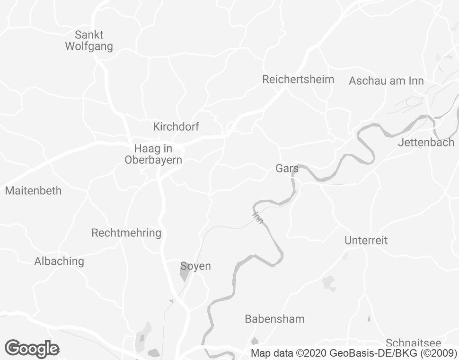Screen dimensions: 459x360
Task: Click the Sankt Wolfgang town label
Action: point(89,41)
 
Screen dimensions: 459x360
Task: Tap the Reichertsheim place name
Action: point(298,79)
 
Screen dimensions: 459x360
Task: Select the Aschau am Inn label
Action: point(386,81)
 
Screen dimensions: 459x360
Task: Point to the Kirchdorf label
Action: point(176,126)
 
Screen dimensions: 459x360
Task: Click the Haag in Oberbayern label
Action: point(153,153)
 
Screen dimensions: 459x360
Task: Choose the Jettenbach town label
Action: point(426,142)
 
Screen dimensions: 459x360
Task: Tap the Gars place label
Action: point(287,168)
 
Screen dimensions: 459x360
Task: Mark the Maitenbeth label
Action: point(33,191)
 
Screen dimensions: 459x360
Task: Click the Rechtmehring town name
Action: point(126,233)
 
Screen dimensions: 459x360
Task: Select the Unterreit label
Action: point(366,240)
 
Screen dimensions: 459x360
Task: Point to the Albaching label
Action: point(59,261)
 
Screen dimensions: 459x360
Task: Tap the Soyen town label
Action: point(195,266)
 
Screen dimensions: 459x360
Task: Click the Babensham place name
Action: point(274,319)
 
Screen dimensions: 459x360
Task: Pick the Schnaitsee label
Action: point(413,343)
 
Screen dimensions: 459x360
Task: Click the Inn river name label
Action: point(258,218)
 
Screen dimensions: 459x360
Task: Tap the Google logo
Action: point(32,349)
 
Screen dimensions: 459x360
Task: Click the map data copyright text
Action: point(353,353)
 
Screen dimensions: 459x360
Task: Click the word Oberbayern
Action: point(153,160)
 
